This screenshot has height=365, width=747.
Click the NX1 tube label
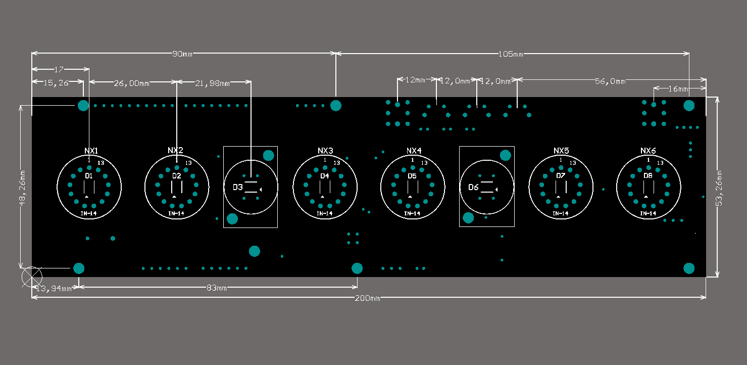pyautogui.click(x=91, y=151)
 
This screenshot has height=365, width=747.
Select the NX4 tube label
pyautogui.click(x=414, y=151)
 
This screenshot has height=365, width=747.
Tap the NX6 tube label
pyautogui.click(x=648, y=151)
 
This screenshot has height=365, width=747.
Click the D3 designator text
pyautogui.click(x=237, y=188)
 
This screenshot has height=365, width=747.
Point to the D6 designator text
pyautogui.click(x=473, y=188)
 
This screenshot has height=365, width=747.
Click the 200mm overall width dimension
pyautogui.click(x=367, y=298)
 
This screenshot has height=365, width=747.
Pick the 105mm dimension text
pyautogui.click(x=511, y=54)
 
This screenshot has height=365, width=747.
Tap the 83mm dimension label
pyautogui.click(x=217, y=288)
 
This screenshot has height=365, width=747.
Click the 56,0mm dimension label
pyautogui.click(x=610, y=81)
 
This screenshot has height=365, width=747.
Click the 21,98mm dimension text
pyautogui.click(x=212, y=83)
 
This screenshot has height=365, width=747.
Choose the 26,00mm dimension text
pyautogui.click(x=131, y=83)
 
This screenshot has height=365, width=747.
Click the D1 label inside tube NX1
pyautogui.click(x=88, y=176)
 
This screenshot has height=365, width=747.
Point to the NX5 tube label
pyautogui.click(x=561, y=151)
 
